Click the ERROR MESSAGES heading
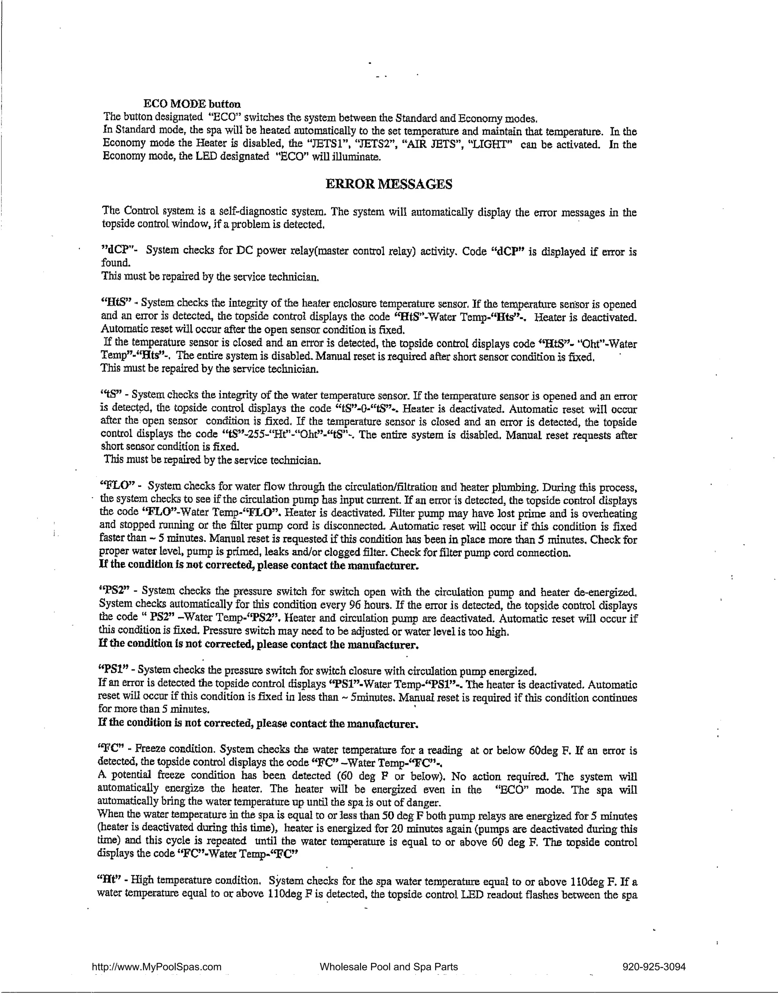389,185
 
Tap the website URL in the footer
157,967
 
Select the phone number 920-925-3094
653,967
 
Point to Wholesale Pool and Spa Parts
388,967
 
